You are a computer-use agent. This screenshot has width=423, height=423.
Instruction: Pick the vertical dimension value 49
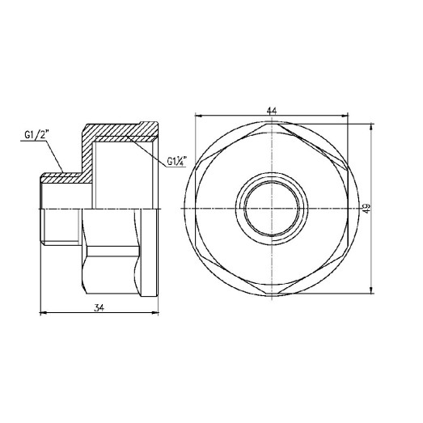click(x=367, y=209)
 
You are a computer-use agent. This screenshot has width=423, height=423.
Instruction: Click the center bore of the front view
click(x=273, y=208)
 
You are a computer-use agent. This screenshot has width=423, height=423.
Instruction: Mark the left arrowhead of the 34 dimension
click(x=42, y=313)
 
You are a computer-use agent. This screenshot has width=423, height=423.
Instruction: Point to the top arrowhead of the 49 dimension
click(x=371, y=126)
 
